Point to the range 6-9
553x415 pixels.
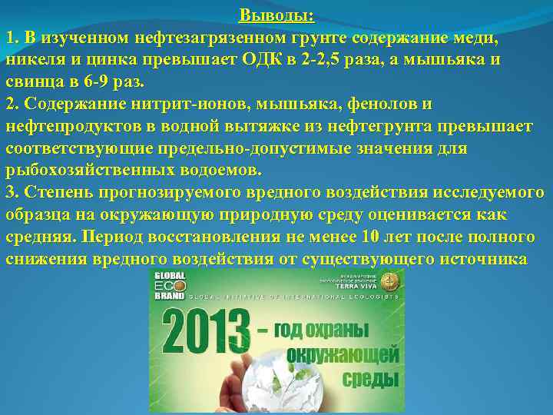pos(106,81)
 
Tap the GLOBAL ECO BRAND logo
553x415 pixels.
pos(170,284)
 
